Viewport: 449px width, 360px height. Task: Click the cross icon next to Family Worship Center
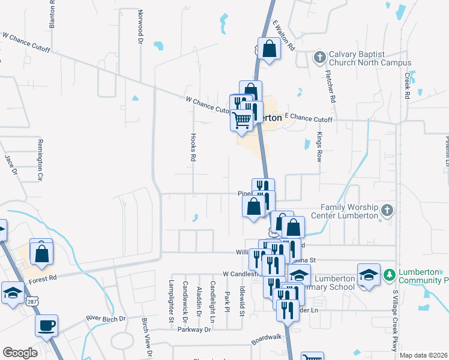(387, 210)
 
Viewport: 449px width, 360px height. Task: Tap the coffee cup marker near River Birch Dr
(46, 326)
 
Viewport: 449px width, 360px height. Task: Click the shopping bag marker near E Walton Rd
(270, 49)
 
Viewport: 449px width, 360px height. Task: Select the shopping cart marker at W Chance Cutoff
(242, 119)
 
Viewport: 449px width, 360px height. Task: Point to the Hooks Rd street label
(193, 147)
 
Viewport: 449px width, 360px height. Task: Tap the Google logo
(20, 353)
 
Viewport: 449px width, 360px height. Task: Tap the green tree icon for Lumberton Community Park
(390, 274)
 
